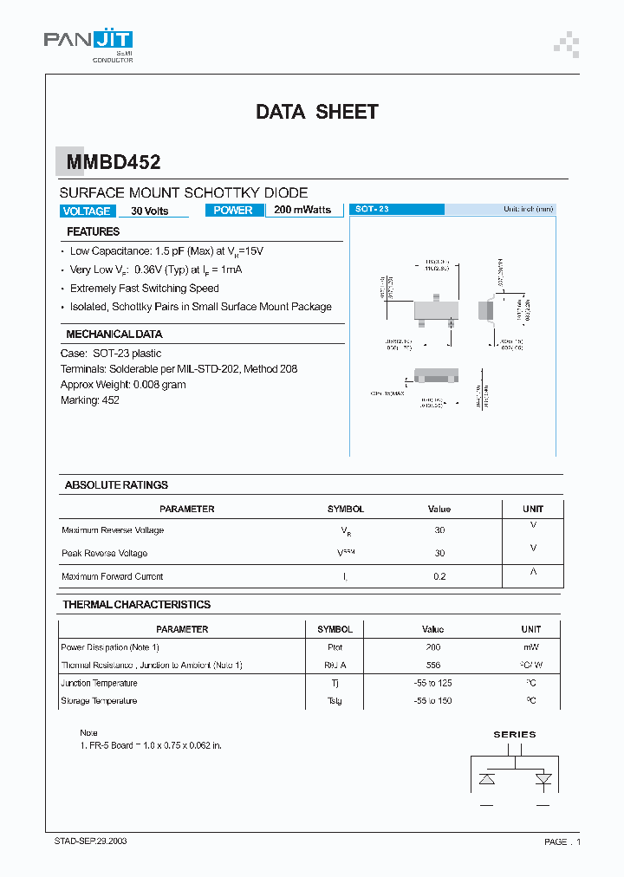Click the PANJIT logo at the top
pyautogui.click(x=88, y=42)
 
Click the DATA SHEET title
pyautogui.click(x=316, y=112)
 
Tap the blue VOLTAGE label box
pyautogui.click(x=87, y=211)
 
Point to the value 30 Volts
pyautogui.click(x=149, y=211)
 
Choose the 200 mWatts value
pyautogui.click(x=302, y=210)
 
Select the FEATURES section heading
pyautogui.click(x=94, y=231)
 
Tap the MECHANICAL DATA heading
pyautogui.click(x=114, y=334)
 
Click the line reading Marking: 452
pyautogui.click(x=90, y=400)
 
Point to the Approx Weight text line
pyautogui.click(x=123, y=385)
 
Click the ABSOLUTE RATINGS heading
pyautogui.click(x=116, y=484)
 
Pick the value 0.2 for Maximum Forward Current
pyautogui.click(x=439, y=576)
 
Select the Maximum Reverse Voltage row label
pyautogui.click(x=113, y=530)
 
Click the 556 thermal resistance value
pyautogui.click(x=433, y=665)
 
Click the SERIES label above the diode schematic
pyautogui.click(x=515, y=734)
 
